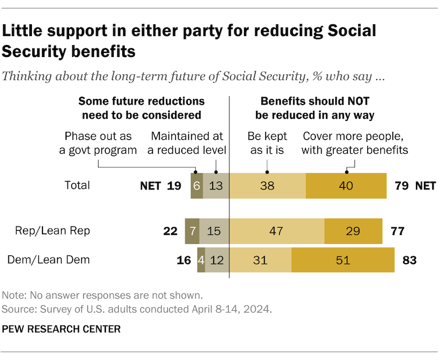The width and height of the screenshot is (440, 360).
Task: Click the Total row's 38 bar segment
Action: point(268,185)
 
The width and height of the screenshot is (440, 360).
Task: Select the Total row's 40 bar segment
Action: point(346,185)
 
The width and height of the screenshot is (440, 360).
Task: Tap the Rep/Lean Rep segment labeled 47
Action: point(277,231)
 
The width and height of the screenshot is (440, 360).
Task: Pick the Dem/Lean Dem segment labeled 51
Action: point(343,260)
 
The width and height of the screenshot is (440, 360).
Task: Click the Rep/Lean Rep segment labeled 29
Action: point(353,231)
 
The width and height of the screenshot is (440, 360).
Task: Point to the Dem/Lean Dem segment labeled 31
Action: point(260,260)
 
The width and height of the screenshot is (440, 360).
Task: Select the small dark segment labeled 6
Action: point(196,185)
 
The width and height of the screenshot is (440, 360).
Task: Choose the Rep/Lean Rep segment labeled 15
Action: point(213,231)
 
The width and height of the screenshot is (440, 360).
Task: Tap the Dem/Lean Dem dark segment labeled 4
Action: point(201,260)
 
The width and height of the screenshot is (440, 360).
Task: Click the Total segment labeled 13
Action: point(216,185)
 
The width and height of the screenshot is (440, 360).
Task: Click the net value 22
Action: point(171,231)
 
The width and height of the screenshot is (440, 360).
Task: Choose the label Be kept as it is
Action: point(267,143)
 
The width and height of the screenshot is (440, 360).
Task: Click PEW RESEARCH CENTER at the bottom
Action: point(61,329)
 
